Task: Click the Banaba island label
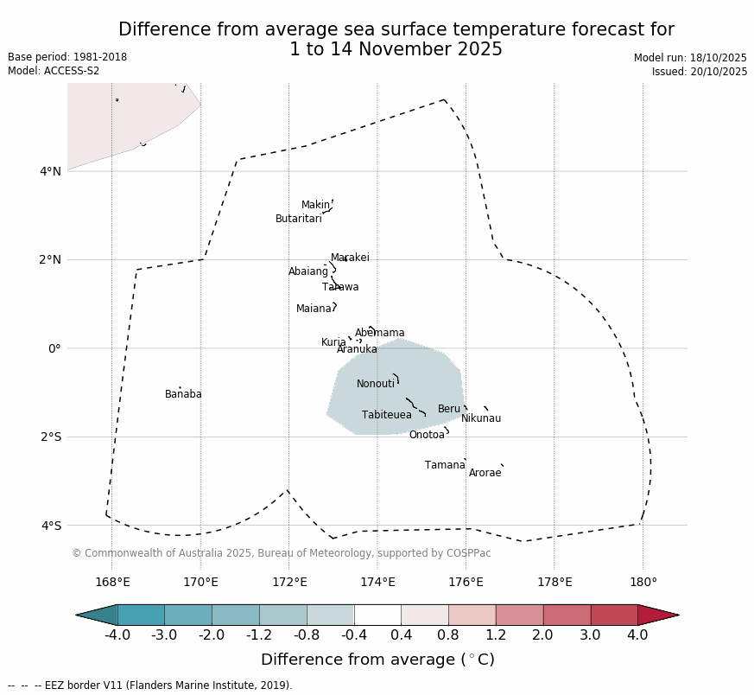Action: click(x=183, y=394)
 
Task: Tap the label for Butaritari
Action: click(x=298, y=219)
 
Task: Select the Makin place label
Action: click(x=315, y=205)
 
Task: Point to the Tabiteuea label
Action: click(x=386, y=415)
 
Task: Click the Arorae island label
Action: click(x=485, y=473)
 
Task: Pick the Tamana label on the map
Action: click(x=445, y=465)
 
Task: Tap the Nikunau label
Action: click(x=480, y=418)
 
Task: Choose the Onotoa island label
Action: click(x=427, y=435)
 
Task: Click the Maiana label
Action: click(x=314, y=309)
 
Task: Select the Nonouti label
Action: click(x=376, y=384)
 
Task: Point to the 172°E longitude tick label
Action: click(x=289, y=582)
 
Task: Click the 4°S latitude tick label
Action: click(x=51, y=526)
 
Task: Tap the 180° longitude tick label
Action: click(x=643, y=582)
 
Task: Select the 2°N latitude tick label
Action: click(x=51, y=260)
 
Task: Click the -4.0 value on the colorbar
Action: click(x=117, y=635)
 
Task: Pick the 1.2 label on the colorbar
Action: click(x=496, y=635)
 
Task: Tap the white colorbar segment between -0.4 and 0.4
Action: click(x=377, y=615)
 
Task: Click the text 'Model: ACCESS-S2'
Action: click(x=54, y=71)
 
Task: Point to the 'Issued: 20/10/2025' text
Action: click(x=700, y=72)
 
